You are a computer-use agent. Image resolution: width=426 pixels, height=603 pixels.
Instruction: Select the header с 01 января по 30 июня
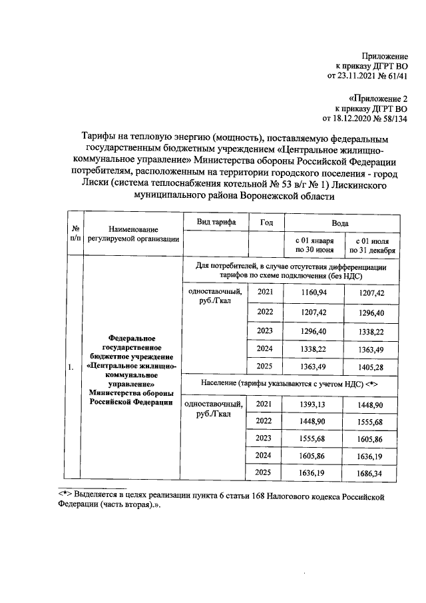[x=311, y=245]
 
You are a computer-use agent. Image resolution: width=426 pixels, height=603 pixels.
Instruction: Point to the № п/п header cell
[x=75, y=233]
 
